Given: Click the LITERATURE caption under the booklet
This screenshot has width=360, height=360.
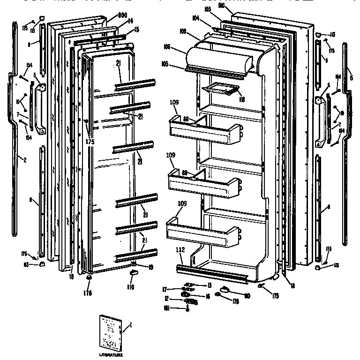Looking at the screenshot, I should pyautogui.click(x=111, y=355).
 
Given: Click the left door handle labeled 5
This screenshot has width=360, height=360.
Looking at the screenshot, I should pyautogui.click(x=40, y=109).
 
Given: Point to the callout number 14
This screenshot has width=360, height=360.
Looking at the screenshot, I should pyautogui.click(x=130, y=22).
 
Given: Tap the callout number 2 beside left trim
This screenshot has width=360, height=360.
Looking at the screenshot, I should pyautogui.click(x=24, y=160).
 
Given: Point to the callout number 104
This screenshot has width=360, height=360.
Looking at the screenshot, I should pyautogui.click(x=195, y=17).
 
